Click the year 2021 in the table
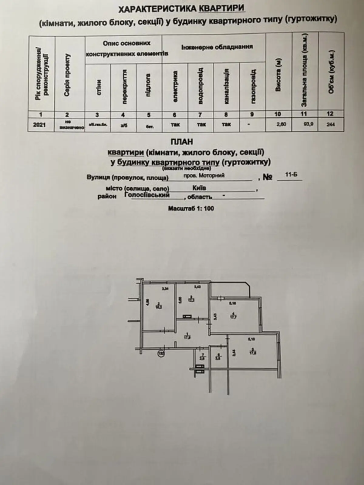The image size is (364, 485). pyautogui.click(x=40, y=125)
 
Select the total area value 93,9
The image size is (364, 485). pyautogui.click(x=305, y=124)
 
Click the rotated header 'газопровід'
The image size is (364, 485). pyautogui.click(x=254, y=87)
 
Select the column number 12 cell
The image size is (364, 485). pyautogui.click(x=330, y=114)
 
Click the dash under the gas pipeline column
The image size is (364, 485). pyautogui.click(x=248, y=124)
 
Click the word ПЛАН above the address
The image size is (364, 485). pyautogui.click(x=182, y=142)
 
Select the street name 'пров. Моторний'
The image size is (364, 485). pyautogui.click(x=204, y=175)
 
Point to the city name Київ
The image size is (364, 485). pyautogui.click(x=199, y=188)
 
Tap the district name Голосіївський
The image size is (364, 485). pyautogui.click(x=147, y=195)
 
